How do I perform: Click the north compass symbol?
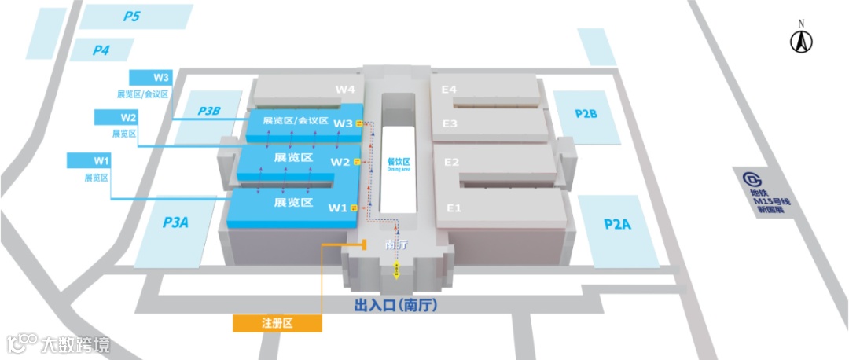(801, 40)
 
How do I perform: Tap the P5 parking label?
(131, 16)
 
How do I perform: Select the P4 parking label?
(101, 50)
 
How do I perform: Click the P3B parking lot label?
(209, 111)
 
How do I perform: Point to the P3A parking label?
(175, 222)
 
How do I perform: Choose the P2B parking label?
(586, 114)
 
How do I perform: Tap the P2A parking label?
(617, 224)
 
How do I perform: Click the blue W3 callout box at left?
(161, 78)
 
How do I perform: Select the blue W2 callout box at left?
(128, 117)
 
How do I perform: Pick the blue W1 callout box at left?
(101, 161)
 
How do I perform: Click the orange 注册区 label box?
(277, 323)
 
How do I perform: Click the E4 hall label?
(449, 90)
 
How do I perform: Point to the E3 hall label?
(450, 123)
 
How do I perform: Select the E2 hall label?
(452, 162)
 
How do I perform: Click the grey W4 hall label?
(346, 90)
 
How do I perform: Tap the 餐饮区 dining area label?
(399, 163)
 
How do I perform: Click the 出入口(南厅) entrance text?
(395, 304)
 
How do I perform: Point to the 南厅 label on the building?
(395, 244)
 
